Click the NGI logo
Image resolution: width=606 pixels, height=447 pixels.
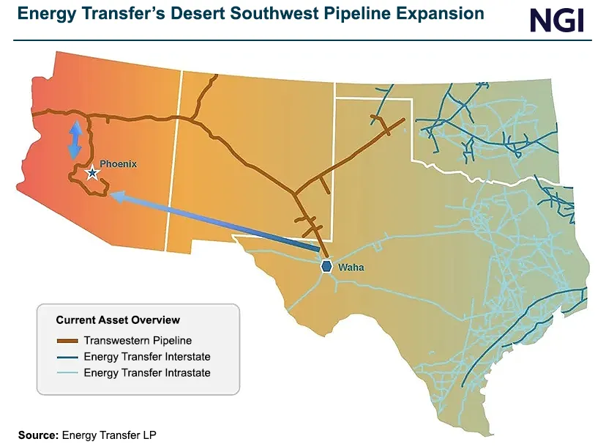coord(557,20)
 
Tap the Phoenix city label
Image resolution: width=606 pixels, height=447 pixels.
coord(118,164)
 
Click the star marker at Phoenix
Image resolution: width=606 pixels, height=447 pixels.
coord(92,173)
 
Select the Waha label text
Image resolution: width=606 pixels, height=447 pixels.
coord(351,267)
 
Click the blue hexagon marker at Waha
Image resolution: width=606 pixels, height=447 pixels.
coord(326,267)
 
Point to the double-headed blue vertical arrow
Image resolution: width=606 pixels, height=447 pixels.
coord(75,141)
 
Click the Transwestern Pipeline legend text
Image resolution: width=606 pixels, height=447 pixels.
coord(138,340)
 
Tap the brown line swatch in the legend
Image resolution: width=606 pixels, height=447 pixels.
coord(67,341)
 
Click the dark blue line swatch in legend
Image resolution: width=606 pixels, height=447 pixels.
coord(67,358)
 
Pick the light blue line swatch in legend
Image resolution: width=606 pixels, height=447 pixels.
coord(67,374)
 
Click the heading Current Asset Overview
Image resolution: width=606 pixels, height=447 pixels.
coord(118,320)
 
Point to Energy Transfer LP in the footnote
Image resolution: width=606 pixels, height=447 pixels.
coord(109,435)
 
